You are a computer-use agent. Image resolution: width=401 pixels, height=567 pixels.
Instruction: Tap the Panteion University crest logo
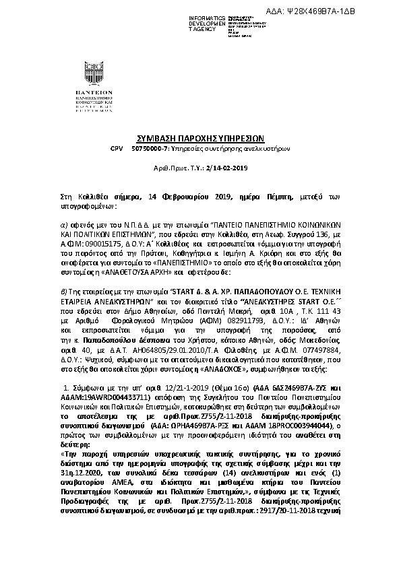click(94, 73)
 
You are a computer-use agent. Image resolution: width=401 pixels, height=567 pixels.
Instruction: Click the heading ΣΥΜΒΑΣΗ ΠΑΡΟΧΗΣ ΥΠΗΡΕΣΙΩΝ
click(200, 135)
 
